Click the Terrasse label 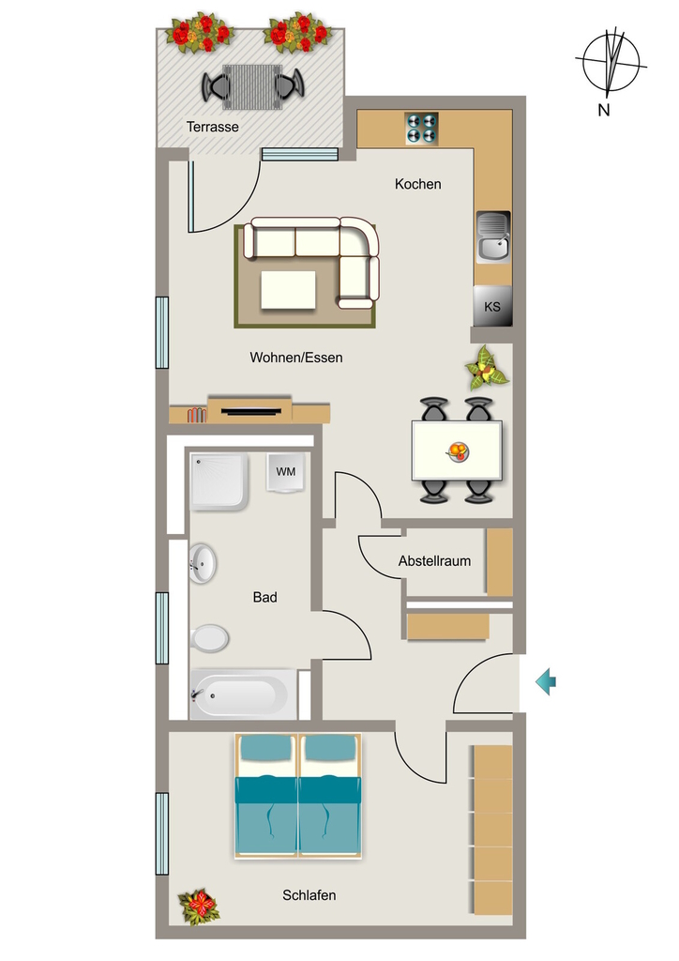tap(213, 127)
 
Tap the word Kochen tap(417, 184)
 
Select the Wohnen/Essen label tap(296, 358)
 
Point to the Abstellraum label tap(434, 561)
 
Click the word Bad tap(265, 597)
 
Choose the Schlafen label tap(309, 895)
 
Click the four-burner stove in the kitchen tap(422, 129)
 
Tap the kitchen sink tap(493, 237)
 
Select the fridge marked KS tap(492, 306)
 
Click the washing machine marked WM tap(285, 472)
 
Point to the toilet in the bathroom tap(209, 638)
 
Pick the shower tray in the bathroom tap(219, 481)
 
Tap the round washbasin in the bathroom tap(203, 563)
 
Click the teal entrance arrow tap(546, 681)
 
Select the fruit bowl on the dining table tap(458, 452)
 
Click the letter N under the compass tap(604, 111)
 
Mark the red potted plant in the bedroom tap(199, 908)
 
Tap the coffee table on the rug tap(288, 290)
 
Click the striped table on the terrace tap(252, 86)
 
